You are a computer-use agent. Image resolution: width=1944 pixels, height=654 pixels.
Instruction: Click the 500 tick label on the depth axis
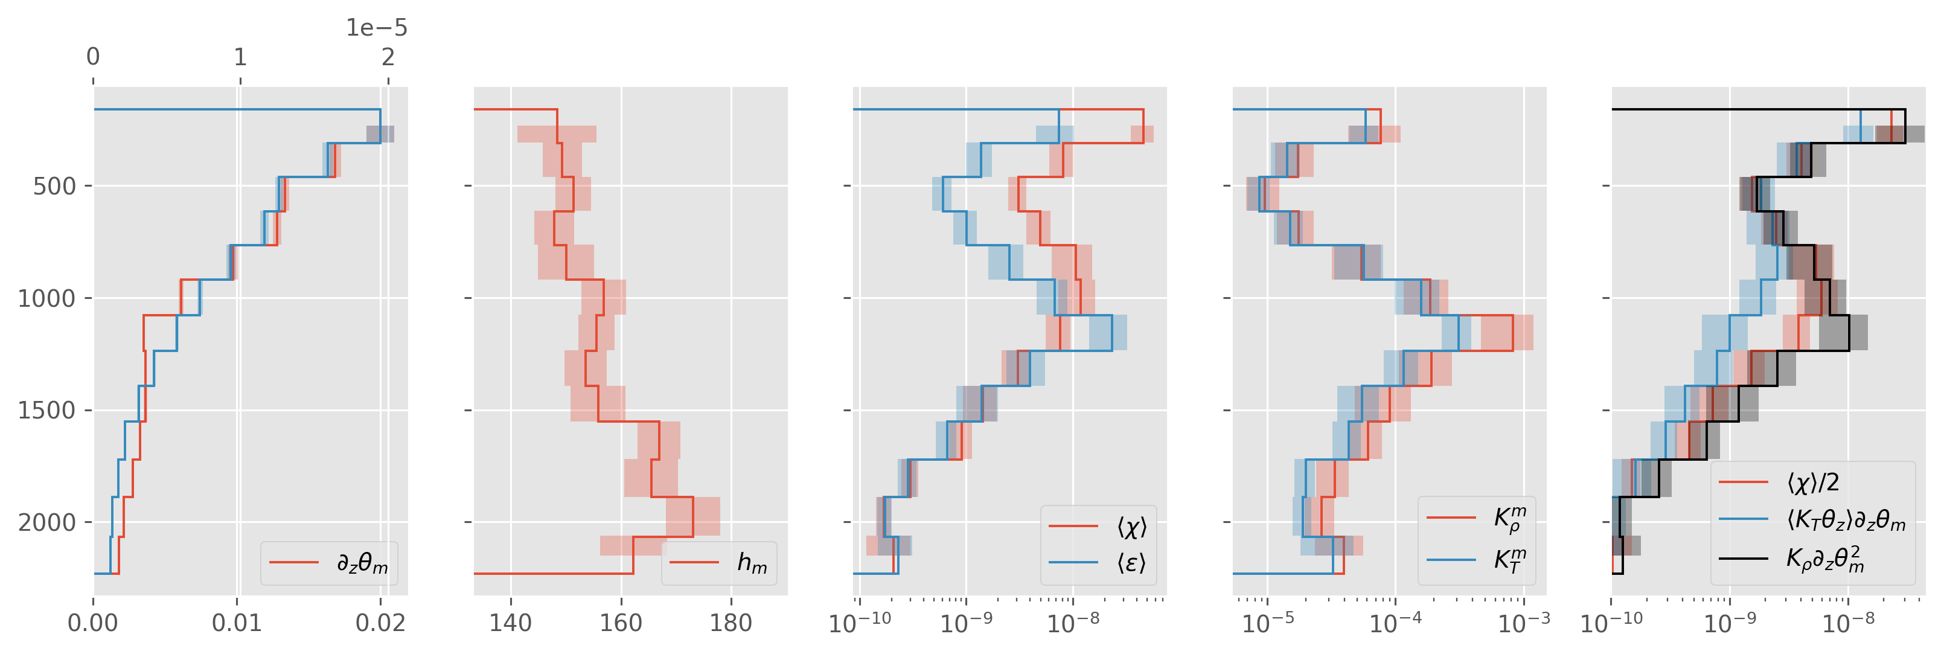click(x=54, y=187)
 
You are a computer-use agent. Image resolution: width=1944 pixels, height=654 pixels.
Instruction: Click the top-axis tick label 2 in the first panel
click(x=387, y=57)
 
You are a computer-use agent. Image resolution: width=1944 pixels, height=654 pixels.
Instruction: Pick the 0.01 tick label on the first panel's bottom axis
click(x=237, y=623)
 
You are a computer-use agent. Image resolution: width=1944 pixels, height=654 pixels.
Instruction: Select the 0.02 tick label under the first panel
click(x=380, y=623)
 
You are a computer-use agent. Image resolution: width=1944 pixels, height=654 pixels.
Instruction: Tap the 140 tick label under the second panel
click(x=511, y=623)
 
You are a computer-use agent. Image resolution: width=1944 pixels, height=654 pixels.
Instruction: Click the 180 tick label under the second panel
click(x=731, y=623)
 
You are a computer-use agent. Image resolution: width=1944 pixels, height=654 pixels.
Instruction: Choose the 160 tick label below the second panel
click(x=621, y=623)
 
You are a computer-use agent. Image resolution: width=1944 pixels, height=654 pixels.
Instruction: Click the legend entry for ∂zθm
click(x=362, y=563)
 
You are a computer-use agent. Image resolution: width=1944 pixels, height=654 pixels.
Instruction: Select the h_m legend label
click(x=752, y=563)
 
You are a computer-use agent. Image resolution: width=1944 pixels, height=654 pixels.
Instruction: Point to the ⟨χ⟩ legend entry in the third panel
click(x=1131, y=527)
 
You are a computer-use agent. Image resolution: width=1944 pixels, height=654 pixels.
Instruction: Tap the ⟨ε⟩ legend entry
click(x=1131, y=563)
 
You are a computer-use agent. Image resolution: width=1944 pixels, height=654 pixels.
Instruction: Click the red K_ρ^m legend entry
click(x=1509, y=518)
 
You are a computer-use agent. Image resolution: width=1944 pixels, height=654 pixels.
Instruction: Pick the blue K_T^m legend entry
click(x=1509, y=560)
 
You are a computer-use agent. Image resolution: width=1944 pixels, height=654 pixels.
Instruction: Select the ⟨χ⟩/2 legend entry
click(x=1812, y=482)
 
